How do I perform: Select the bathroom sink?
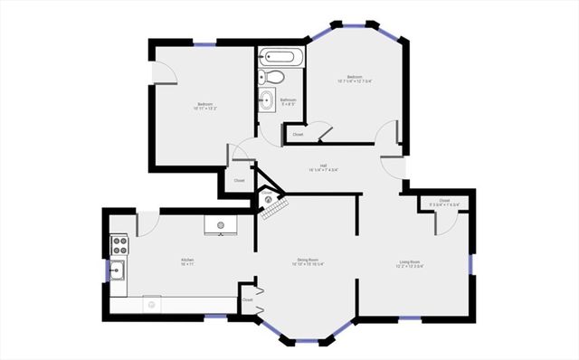(266, 100)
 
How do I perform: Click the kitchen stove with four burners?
(119, 244)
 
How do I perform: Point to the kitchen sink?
(119, 269)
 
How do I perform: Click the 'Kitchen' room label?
(187, 261)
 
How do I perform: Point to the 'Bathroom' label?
(289, 101)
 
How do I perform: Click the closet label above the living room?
(444, 202)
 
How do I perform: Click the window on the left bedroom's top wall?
(204, 43)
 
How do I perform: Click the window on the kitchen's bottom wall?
(215, 316)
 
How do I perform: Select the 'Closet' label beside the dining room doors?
(247, 298)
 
